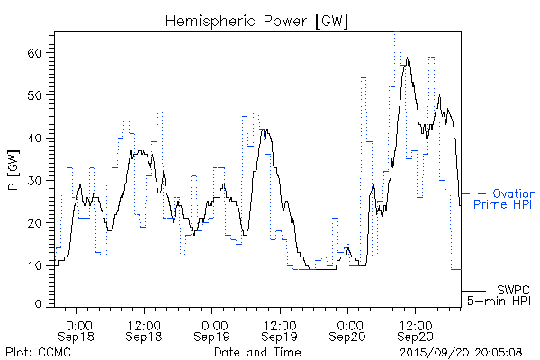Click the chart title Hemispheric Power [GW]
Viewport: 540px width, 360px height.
(x=257, y=20)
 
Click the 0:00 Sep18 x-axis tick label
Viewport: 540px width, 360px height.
(x=78, y=328)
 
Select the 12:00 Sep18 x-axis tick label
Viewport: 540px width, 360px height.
(x=145, y=328)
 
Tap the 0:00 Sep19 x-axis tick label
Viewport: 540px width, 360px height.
(x=213, y=328)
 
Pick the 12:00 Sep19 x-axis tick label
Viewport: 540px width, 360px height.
(x=280, y=328)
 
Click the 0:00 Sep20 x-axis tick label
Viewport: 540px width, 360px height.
(x=348, y=328)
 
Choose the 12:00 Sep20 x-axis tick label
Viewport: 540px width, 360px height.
(x=415, y=328)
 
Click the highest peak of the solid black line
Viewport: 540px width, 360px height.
(x=408, y=58)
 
